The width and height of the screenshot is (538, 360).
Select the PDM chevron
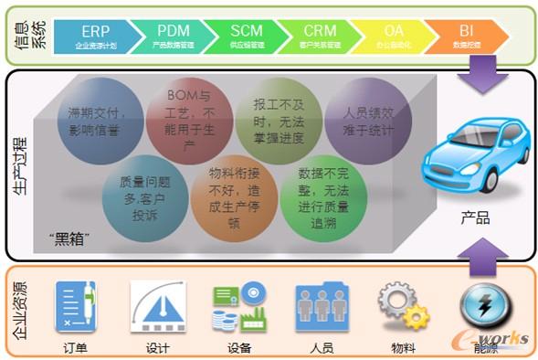coord(174,35)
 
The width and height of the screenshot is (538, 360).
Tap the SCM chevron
coord(247,35)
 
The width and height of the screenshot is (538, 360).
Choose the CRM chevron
coord(320,35)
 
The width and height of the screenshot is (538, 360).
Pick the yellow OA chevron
coord(393,35)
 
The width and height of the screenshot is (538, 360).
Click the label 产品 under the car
coord(475,218)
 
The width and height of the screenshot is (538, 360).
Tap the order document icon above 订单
coord(76,307)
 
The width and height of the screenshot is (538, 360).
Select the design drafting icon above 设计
coord(157,307)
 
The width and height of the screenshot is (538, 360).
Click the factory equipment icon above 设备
coord(239,307)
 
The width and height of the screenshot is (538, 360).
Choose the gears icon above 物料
coord(403,307)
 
